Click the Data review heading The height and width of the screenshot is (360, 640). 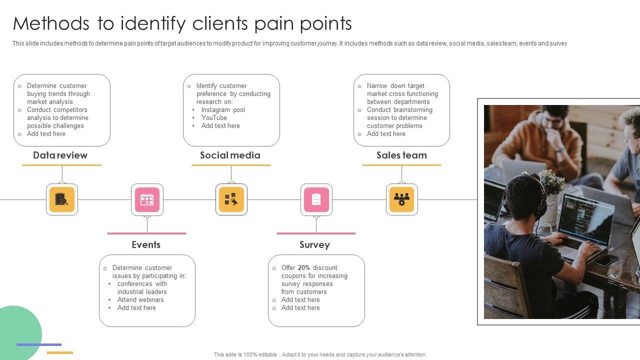coord(60,155)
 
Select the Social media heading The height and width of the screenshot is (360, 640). coord(230,155)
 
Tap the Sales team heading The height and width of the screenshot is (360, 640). coord(401,155)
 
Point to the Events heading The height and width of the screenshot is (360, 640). coord(146,244)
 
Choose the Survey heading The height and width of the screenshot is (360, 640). coord(314,244)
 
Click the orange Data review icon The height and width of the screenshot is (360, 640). coord(62,199)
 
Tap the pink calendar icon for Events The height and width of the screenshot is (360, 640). coord(147,199)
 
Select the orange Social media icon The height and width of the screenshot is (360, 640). coord(231,199)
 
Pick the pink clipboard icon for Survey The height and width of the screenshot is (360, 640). coord(316,199)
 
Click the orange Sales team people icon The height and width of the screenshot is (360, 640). coord(402,199)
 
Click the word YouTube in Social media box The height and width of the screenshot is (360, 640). coord(214,118)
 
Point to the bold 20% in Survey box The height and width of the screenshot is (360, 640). coord(304,268)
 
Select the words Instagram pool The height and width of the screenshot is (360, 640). coord(223,110)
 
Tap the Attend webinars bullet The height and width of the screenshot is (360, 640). coord(140,300)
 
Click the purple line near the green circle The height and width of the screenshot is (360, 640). coord(38,344)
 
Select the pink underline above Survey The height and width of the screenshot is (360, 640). coord(316,233)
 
